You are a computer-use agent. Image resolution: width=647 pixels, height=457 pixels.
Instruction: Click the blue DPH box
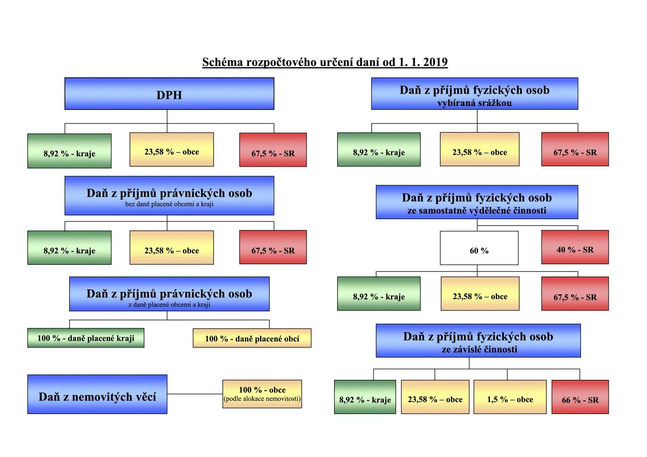169,93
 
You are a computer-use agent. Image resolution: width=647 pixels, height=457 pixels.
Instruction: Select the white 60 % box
479,248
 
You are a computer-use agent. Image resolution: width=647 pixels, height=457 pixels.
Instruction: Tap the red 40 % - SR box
575,247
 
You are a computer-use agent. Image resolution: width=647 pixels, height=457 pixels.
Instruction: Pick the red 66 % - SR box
580,397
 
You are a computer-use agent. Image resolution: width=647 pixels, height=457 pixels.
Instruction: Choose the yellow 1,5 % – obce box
510,397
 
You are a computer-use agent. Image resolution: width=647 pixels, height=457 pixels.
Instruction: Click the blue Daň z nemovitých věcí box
97,394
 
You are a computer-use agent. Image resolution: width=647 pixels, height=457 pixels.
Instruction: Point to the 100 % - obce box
262,394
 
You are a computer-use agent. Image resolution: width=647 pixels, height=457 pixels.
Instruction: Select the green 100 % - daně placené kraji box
86,338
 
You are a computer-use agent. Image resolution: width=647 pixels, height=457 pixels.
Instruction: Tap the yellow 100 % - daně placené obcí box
252,338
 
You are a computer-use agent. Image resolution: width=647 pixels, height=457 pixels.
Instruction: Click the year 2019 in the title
435,62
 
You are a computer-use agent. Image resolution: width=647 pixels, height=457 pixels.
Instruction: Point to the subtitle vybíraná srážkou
475,103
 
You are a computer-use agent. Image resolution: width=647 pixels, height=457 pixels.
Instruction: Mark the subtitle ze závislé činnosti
479,349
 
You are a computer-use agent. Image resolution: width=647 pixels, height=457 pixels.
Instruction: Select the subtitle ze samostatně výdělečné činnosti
477,211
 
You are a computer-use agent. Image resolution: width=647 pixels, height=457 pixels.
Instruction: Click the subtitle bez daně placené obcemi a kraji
169,204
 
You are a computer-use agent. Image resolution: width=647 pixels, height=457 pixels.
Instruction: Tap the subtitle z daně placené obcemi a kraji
169,304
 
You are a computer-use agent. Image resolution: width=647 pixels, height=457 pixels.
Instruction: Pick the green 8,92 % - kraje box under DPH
69,151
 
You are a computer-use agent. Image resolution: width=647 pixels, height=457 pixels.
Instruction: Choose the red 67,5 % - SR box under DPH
273,150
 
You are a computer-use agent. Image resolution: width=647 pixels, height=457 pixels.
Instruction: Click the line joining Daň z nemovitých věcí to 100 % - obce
195,394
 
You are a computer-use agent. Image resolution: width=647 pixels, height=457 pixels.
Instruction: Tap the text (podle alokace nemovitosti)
262,399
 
